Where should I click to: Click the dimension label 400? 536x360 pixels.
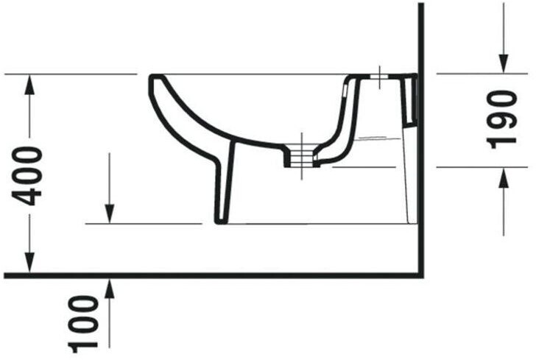pos(27,176)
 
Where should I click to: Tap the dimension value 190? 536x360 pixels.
pos(502,120)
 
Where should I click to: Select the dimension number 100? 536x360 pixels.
pos(83,324)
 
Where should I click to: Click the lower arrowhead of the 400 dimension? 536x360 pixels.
pos(29,263)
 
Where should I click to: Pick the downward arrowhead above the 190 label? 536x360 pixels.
pos(503,63)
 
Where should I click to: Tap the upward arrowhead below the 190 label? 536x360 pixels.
pos(503,177)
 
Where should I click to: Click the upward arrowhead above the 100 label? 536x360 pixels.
pos(110,289)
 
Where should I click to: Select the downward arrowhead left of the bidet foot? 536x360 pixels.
pos(110,213)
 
